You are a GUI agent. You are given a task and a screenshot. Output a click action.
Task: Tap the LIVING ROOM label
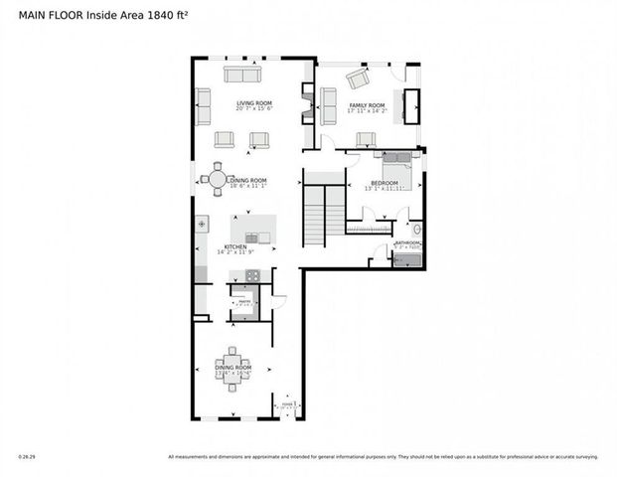(254, 102)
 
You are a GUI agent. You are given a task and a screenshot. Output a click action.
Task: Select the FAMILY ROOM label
(366, 104)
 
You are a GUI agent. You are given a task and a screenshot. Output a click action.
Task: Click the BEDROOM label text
(385, 183)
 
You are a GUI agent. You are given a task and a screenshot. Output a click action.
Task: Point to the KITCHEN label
(234, 246)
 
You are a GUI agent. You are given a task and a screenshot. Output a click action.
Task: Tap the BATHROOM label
(407, 243)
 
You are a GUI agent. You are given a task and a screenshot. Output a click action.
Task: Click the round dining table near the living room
(217, 180)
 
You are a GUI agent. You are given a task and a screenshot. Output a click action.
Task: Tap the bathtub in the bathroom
(407, 261)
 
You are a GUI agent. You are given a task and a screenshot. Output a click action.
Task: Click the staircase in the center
(315, 215)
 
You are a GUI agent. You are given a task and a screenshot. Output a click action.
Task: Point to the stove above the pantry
(243, 291)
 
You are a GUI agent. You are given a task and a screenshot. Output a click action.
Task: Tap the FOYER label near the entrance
(287, 404)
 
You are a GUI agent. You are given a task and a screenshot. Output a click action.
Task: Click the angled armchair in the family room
(357, 79)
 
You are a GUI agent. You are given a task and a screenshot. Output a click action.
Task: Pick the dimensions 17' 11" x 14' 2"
(366, 111)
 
